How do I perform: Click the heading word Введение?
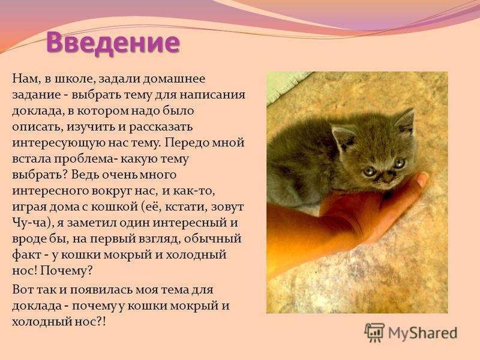tap(113, 43)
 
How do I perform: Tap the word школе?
tap(71, 79)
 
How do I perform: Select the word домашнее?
tap(175, 79)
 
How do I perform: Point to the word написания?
tap(212, 95)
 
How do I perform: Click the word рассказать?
tap(161, 127)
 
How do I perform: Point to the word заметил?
tap(92, 223)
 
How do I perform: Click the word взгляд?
tap(159, 239)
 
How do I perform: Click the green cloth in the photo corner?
tap(284, 85)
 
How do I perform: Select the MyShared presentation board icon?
tap(374, 332)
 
